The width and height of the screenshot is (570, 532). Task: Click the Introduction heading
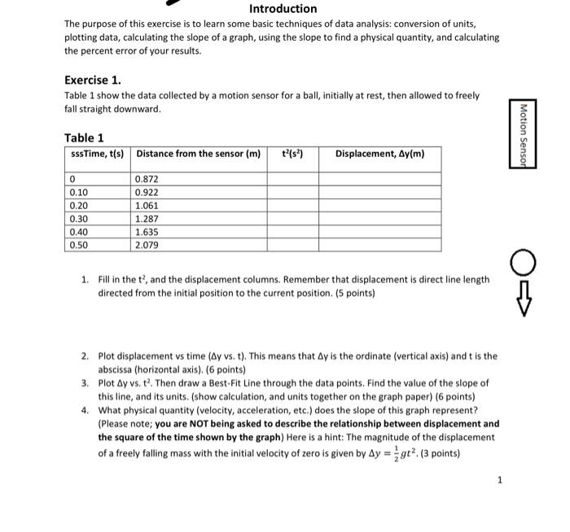pos(283,9)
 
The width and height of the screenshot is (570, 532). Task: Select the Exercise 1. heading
pos(93,80)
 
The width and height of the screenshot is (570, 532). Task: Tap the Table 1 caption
pos(84,137)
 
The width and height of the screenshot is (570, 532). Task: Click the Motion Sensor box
pos(523,136)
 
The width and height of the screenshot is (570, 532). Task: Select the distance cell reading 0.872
pos(147,179)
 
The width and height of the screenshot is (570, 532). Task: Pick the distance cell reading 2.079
pos(147,244)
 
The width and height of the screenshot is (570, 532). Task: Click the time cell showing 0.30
pos(79,218)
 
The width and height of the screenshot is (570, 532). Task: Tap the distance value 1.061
pos(147,205)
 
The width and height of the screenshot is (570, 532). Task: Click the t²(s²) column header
pos(292,154)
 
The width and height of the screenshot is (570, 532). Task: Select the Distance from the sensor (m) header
pos(199,154)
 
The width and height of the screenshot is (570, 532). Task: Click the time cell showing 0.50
pos(79,244)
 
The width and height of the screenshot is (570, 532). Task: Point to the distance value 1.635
pos(147,231)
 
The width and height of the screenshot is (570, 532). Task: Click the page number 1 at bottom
pos(500,480)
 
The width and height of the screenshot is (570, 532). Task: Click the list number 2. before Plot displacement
pos(85,356)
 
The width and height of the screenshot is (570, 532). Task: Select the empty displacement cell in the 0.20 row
pos(379,205)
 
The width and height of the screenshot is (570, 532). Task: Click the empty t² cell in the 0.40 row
pos(292,231)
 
